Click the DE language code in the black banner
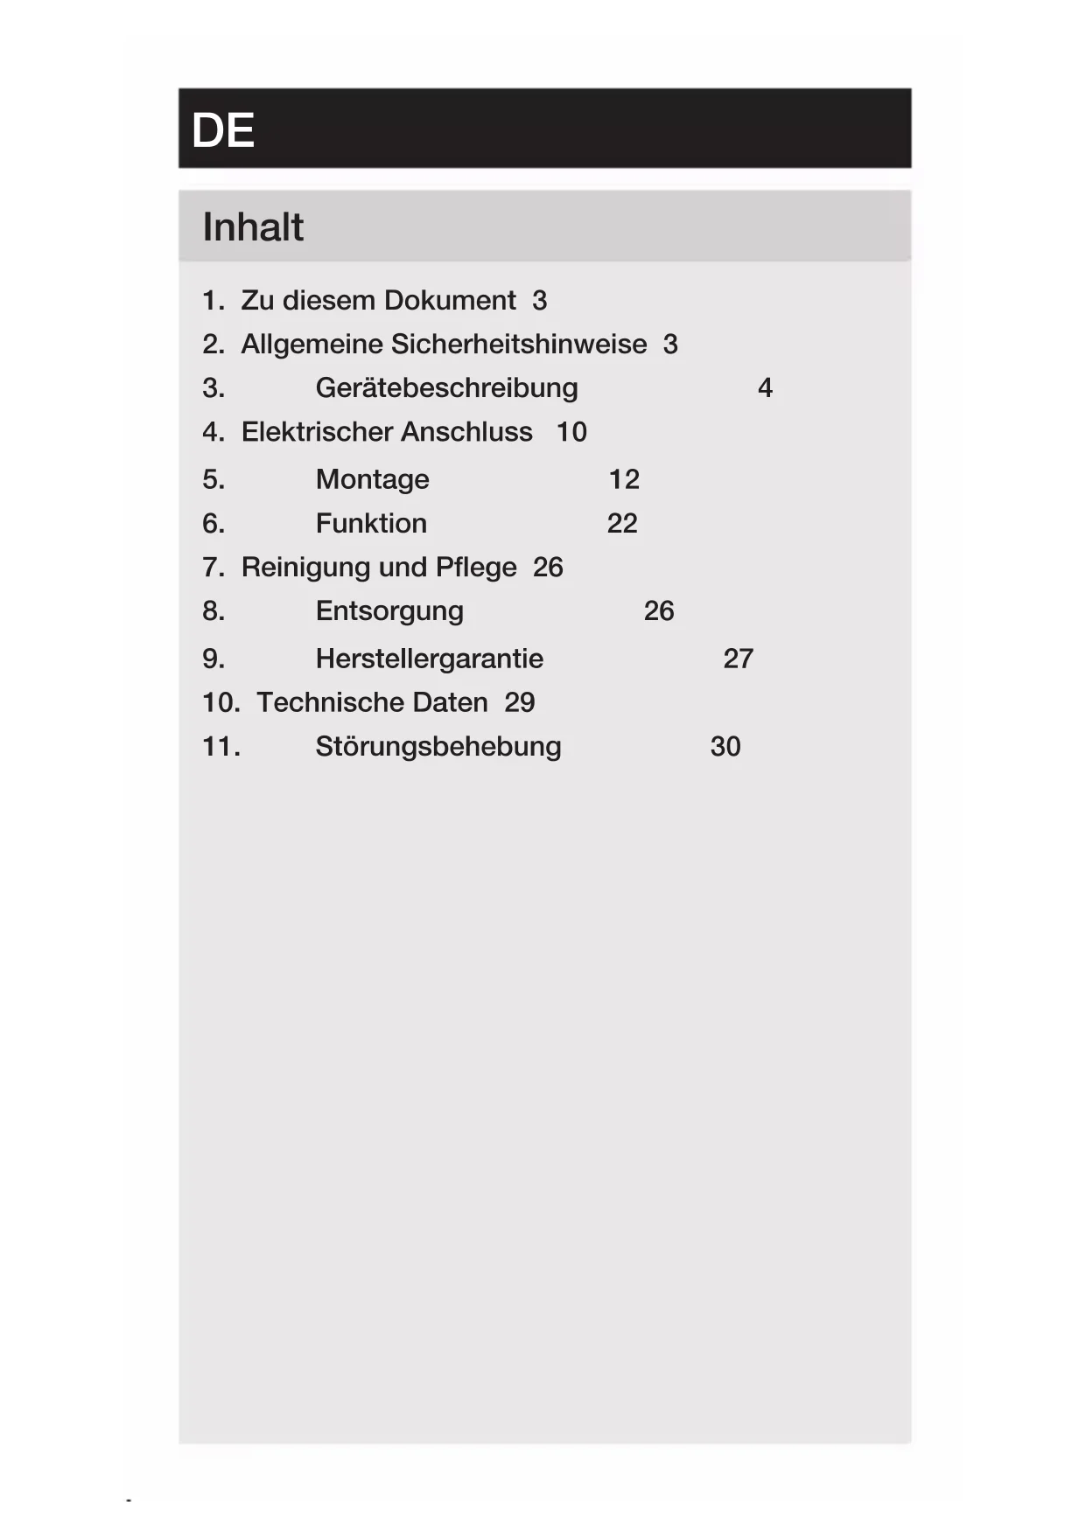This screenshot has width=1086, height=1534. coord(222,131)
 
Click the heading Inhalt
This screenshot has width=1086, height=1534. coord(253,227)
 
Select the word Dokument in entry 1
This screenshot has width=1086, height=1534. coord(450,301)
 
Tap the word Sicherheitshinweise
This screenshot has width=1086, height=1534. coord(518,345)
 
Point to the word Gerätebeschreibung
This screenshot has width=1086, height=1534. coord(446,388)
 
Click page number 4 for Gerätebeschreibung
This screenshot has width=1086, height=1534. coord(765,388)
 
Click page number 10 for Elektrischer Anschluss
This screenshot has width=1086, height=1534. coord(571,432)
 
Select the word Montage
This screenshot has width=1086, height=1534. coord(372,480)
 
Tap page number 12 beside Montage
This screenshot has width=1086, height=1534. coord(624,480)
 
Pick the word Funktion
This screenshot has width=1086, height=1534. coord(371,524)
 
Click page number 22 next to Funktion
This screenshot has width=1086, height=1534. coord(622,524)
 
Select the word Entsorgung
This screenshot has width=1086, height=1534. coord(389,611)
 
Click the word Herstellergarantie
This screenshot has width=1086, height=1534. coord(430,659)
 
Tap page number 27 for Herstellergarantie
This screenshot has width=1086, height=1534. coord(738,659)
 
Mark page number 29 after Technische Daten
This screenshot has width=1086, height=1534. coord(520,702)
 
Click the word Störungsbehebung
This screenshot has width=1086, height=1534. coord(438,747)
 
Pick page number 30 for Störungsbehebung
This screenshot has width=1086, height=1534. coord(725,747)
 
